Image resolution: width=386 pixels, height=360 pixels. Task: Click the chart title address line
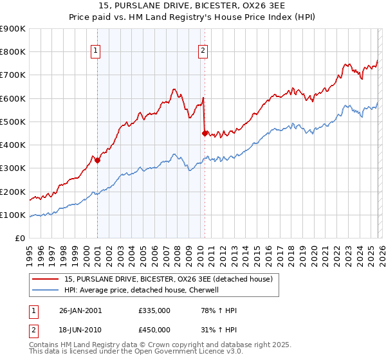click(x=193, y=6)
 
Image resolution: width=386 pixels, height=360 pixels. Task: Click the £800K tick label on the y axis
click(x=13, y=52)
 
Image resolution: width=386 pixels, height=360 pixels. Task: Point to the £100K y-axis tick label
click(x=13, y=215)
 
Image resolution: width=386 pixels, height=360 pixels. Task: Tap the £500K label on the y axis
click(x=13, y=122)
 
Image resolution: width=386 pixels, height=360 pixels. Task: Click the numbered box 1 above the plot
click(x=95, y=51)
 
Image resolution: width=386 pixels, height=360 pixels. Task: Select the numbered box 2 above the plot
click(x=203, y=51)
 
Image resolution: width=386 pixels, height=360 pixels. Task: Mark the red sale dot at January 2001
click(x=98, y=161)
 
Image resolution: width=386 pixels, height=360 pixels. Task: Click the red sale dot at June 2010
click(x=205, y=134)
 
